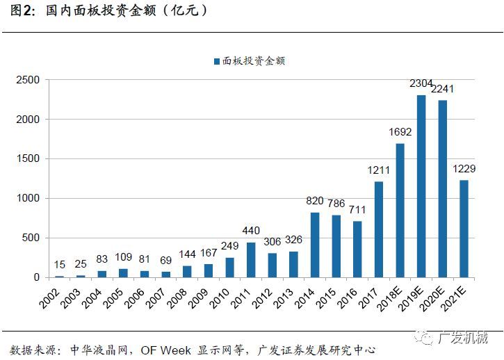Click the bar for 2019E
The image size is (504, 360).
[421, 186]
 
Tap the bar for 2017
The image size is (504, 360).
[379, 229]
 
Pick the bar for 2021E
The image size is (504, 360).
[464, 229]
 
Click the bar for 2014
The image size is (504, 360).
[315, 245]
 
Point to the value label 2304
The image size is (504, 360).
[421, 83]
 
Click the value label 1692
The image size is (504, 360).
[400, 132]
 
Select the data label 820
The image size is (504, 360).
[315, 201]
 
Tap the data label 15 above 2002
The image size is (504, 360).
[60, 265]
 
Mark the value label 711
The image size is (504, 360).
[357, 210]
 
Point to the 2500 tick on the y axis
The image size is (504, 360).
[29, 80]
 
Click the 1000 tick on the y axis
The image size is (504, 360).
[29, 199]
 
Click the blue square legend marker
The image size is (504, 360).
[217, 61]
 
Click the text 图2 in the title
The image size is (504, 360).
[22, 12]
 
